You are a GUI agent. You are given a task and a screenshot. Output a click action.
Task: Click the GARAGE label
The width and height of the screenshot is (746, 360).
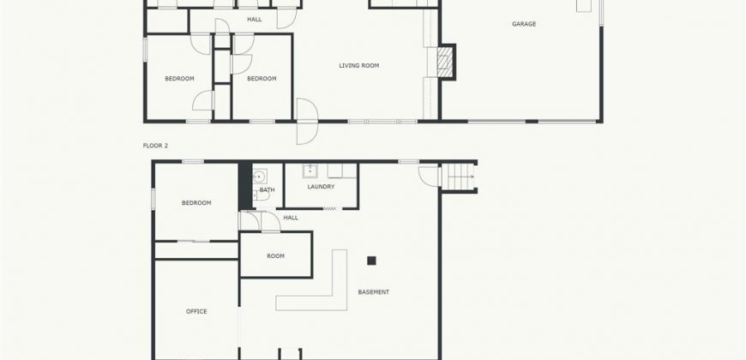click(x=524, y=24)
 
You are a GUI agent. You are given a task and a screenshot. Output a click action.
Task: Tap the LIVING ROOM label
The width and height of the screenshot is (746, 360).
click(x=358, y=66)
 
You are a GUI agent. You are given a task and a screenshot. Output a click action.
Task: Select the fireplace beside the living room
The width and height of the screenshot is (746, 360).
click(x=446, y=62)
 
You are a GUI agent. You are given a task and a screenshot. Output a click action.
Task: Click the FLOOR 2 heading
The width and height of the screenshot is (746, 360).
click(x=155, y=146)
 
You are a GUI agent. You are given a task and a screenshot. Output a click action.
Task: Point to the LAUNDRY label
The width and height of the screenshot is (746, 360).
click(x=321, y=186)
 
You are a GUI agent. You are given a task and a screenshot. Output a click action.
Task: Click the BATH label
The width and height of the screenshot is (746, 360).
click(x=267, y=190)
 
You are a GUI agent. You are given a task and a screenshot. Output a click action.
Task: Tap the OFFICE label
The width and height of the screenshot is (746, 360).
click(x=196, y=311)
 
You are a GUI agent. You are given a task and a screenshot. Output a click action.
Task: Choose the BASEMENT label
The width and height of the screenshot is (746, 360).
click(x=374, y=292)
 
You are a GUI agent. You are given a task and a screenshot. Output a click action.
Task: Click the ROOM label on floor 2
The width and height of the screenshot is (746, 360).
click(x=275, y=255)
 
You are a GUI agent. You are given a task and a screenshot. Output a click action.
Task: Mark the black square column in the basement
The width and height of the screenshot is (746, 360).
click(x=371, y=261)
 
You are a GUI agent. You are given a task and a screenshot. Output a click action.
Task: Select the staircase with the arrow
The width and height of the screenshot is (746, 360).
click(x=459, y=177)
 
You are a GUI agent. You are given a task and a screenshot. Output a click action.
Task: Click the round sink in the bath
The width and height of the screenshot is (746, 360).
click(x=259, y=177)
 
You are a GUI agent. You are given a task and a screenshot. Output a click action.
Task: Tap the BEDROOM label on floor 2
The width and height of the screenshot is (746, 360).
click(x=196, y=202)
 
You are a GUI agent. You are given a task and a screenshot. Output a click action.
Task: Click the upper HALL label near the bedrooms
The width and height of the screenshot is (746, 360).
click(x=255, y=20)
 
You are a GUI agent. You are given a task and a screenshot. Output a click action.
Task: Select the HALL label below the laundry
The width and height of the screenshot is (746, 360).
click(x=291, y=218)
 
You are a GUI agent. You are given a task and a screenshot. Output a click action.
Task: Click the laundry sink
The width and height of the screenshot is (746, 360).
click(x=310, y=171)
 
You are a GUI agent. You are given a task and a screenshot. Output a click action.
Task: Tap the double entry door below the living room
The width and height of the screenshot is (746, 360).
click(x=307, y=121)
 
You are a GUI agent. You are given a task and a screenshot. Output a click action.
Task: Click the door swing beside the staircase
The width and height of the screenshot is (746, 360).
click(x=430, y=176)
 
